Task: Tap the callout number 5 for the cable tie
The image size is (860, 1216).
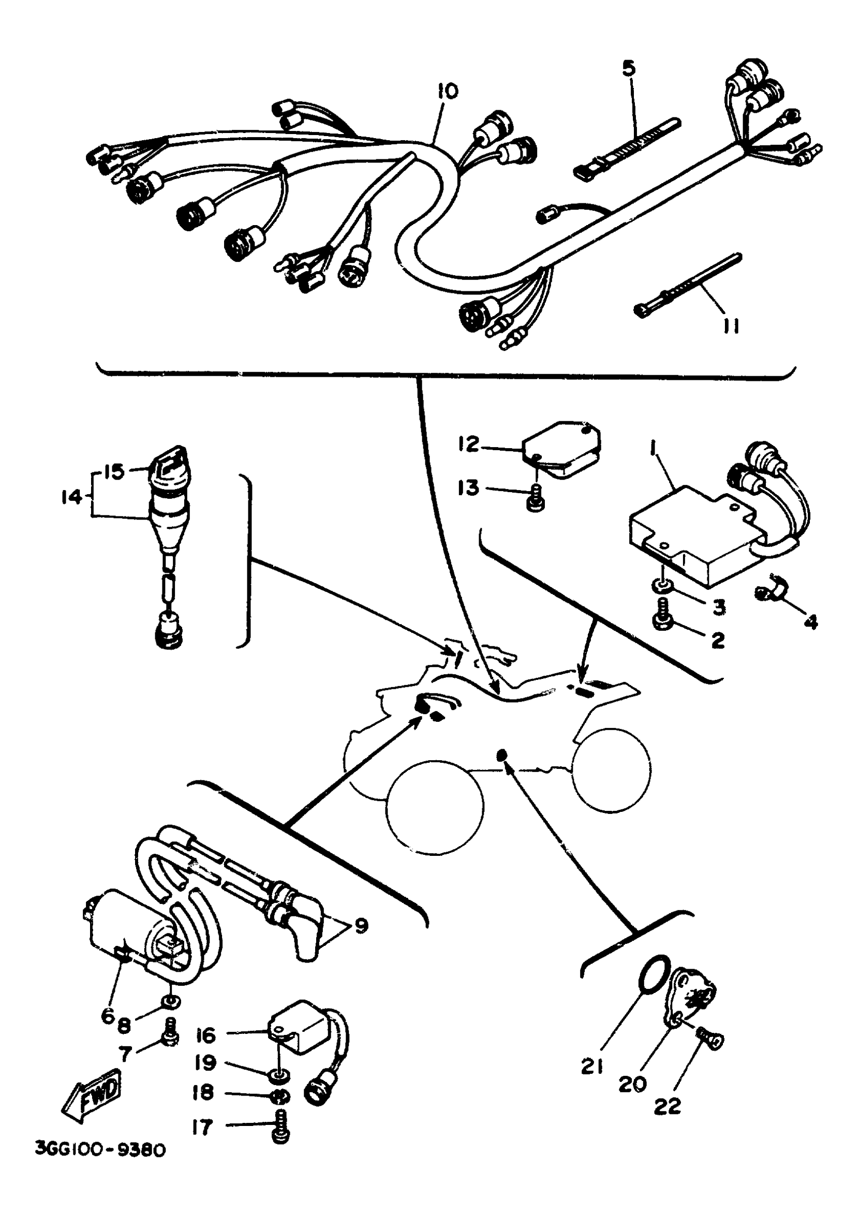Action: pyautogui.click(x=629, y=69)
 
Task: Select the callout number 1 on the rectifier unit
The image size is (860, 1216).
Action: pyautogui.click(x=653, y=451)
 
